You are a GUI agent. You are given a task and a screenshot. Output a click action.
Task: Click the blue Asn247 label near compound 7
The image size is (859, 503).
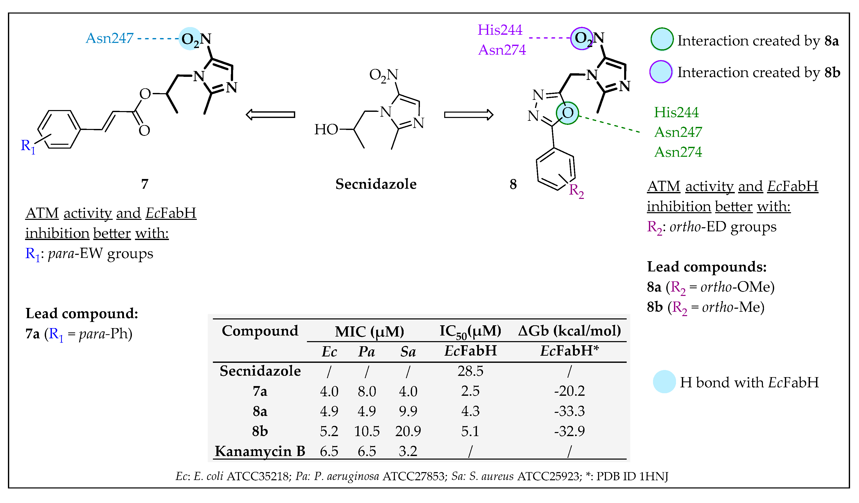(x=109, y=38)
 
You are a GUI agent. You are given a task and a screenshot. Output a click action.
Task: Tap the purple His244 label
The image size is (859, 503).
(x=500, y=30)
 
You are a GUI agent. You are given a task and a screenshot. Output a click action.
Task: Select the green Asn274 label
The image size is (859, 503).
(x=678, y=152)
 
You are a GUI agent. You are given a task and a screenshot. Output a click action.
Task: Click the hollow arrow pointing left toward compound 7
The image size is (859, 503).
(x=270, y=115)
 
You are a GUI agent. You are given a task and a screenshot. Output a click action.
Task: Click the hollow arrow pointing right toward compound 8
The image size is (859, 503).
(x=468, y=115)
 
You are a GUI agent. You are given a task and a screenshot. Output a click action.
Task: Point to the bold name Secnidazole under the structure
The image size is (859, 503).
(x=376, y=184)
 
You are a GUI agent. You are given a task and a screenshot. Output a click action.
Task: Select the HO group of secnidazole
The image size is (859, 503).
(x=326, y=129)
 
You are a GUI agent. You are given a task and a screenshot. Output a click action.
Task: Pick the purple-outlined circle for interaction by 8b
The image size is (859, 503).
(x=661, y=71)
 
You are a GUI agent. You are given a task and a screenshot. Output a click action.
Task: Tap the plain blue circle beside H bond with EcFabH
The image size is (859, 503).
(x=664, y=382)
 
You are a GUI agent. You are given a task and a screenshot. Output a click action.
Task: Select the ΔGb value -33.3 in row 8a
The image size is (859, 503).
(x=569, y=411)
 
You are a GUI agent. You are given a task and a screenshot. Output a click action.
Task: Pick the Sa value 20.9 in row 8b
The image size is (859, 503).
(x=408, y=431)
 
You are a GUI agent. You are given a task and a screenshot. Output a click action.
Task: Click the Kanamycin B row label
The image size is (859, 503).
(x=260, y=451)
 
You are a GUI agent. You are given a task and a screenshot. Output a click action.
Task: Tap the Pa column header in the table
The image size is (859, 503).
(x=366, y=351)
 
